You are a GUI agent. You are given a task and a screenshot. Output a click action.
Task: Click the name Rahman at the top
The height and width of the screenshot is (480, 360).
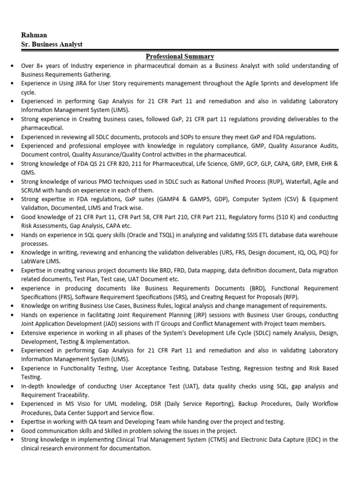click(x=34, y=35)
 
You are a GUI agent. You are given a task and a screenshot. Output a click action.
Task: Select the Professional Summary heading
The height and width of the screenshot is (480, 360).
click(x=180, y=57)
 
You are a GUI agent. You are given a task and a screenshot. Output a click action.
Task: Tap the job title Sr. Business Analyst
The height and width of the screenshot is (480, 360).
click(x=52, y=45)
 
